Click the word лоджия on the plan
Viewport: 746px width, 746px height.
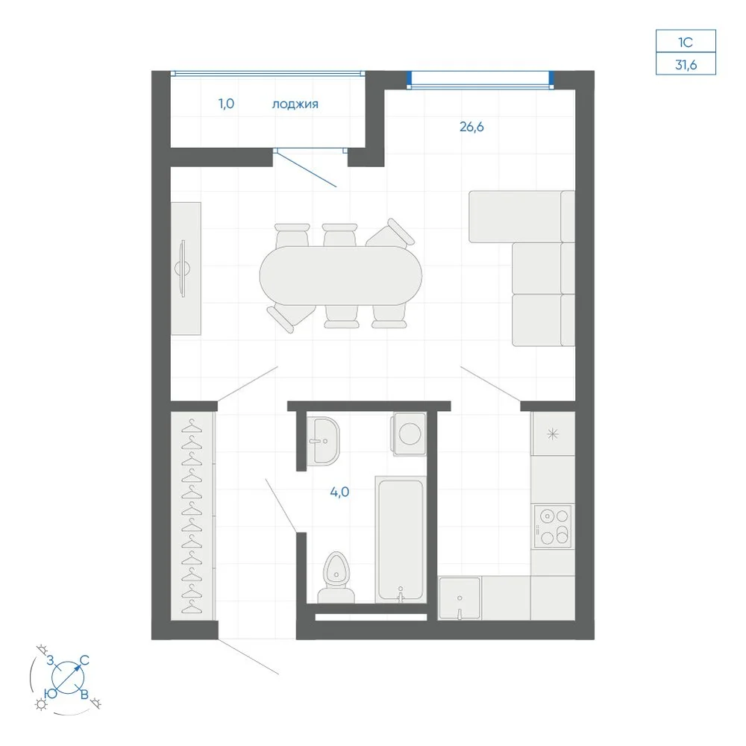(295, 104)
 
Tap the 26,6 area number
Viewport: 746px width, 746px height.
(471, 127)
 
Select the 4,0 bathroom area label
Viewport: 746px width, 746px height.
(339, 492)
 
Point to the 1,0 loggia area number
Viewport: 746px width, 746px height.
(227, 103)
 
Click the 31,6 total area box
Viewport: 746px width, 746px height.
(686, 63)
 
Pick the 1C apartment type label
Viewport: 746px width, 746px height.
(686, 43)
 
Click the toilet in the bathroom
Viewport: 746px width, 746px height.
(336, 577)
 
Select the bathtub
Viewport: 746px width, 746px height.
(400, 540)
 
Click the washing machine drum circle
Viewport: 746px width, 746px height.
(410, 433)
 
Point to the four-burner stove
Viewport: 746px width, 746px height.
(552, 526)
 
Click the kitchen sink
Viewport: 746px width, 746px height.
(460, 598)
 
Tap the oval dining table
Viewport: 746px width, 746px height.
(341, 275)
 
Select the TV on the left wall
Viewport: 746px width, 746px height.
(182, 269)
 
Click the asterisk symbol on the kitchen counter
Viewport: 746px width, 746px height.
(552, 433)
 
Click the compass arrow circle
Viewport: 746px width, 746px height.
(68, 677)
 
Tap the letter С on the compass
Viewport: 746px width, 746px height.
(85, 660)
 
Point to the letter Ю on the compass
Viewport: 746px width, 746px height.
(51, 693)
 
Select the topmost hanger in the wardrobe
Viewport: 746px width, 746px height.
(192, 426)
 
